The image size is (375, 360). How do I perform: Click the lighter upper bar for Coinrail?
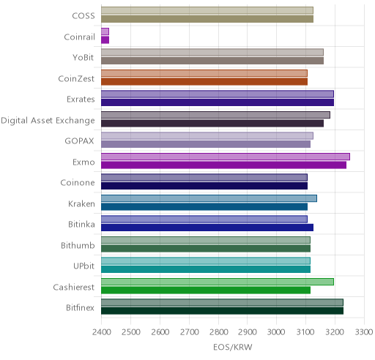105,31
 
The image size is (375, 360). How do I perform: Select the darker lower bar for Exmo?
223,165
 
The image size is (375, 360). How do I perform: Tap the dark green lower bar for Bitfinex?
222,311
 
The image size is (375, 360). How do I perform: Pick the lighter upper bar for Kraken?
209,198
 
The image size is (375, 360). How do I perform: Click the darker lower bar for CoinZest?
204,82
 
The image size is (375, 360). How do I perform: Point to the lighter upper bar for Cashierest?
218,282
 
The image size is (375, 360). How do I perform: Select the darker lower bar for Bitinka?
207,228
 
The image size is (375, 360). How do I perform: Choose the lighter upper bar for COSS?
207,10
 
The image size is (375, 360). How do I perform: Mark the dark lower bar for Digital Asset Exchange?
212,124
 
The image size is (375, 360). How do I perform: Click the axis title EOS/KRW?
233,347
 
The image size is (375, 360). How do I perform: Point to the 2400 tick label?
102,332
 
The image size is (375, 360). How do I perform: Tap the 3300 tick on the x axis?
364,332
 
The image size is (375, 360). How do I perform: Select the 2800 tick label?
218,332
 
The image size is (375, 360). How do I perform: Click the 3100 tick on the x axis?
305,332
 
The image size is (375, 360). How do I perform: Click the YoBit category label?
83,58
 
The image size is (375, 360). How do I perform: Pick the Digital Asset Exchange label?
48,121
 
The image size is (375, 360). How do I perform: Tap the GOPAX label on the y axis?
79,141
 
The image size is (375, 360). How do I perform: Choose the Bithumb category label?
78,245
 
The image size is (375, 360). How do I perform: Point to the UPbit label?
83,266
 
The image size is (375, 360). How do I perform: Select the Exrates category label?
81,100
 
